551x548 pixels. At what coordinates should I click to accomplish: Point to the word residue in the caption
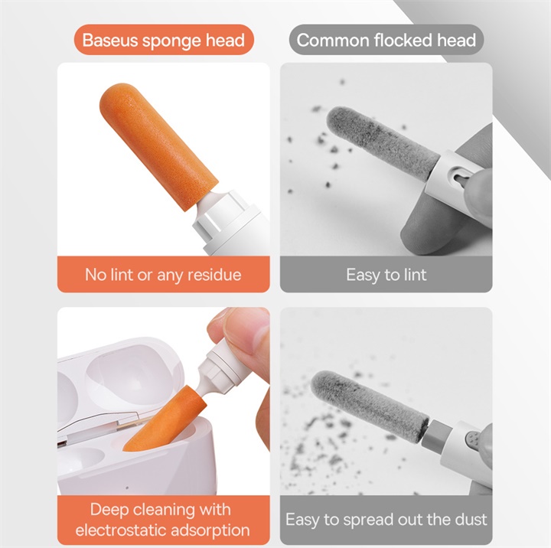coord(214,274)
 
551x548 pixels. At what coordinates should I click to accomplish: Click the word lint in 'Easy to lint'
coord(412,274)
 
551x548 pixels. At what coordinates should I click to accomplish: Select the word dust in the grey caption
coord(469,520)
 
